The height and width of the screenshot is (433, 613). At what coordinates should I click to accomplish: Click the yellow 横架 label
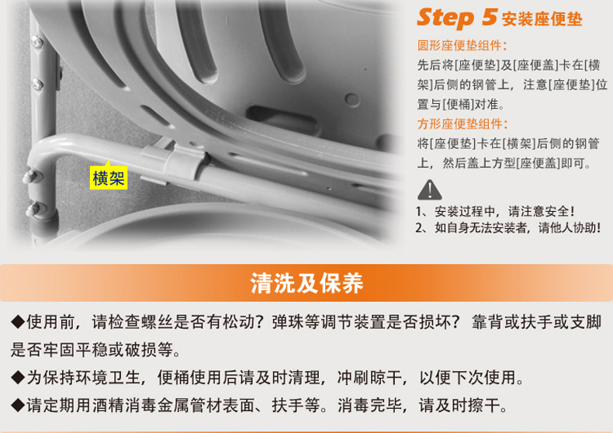pyautogui.click(x=109, y=178)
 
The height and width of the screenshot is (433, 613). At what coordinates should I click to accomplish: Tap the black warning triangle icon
pyautogui.click(x=430, y=190)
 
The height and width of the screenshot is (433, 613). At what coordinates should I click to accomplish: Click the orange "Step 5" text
pyautogui.click(x=456, y=18)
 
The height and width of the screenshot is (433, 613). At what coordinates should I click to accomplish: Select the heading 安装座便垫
pyautogui.click(x=542, y=19)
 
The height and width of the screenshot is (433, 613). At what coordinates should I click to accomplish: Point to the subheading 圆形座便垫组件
pyautogui.click(x=462, y=46)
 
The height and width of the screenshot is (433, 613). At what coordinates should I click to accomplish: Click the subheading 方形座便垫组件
pyautogui.click(x=462, y=124)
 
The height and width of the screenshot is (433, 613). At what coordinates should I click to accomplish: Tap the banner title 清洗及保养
pyautogui.click(x=306, y=283)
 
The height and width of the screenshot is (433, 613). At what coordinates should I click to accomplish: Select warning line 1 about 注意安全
pyautogui.click(x=495, y=211)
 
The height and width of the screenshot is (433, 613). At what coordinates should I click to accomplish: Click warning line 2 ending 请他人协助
pyautogui.click(x=507, y=227)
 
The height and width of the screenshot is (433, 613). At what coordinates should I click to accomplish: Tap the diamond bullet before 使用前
pyautogui.click(x=18, y=322)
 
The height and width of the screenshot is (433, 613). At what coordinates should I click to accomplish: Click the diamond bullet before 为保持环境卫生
pyautogui.click(x=18, y=377)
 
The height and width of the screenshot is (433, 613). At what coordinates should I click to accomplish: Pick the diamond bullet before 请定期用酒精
pyautogui.click(x=18, y=405)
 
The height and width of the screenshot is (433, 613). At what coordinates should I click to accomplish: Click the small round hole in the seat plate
pyautogui.click(x=352, y=99)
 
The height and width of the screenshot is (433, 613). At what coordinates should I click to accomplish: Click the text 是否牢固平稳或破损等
pyautogui.click(x=92, y=350)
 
